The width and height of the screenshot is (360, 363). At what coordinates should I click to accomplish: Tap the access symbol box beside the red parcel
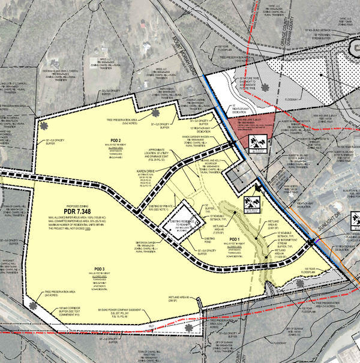[x=254, y=142]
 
